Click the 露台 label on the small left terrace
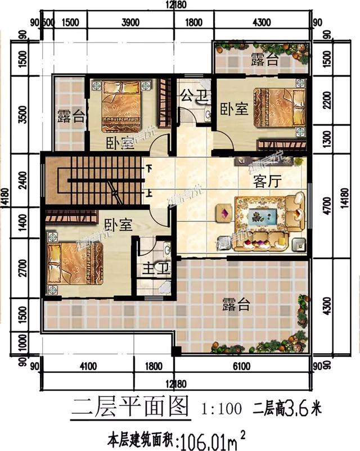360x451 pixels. (71, 117)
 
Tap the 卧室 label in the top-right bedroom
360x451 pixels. (234, 109)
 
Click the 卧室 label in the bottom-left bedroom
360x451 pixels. (118, 225)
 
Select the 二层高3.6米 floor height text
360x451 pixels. (289, 405)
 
